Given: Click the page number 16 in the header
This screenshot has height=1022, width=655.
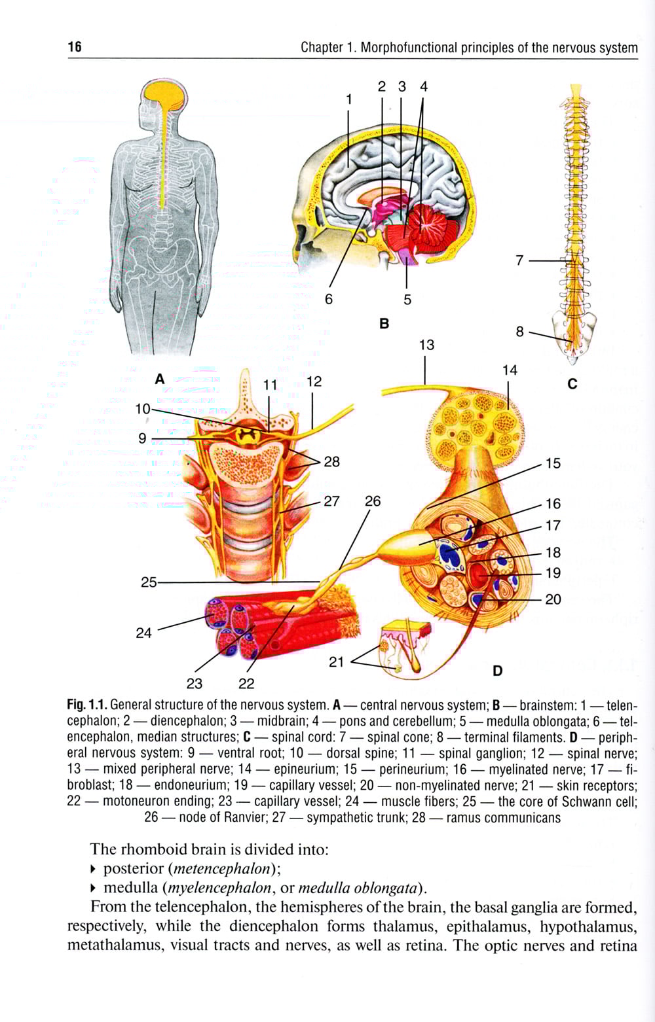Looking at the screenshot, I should [75, 47].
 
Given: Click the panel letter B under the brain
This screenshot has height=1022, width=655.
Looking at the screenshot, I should [384, 323].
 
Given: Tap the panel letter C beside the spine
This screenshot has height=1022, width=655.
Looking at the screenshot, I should [572, 383].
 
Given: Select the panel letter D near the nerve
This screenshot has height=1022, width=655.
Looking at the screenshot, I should [497, 671].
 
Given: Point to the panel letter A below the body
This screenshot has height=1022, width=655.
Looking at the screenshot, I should [159, 378].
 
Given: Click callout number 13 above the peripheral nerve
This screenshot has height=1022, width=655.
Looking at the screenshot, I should [426, 345].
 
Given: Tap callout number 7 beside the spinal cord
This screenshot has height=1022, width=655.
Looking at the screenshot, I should [519, 260].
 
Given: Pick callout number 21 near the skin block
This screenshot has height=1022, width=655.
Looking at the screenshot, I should [337, 661].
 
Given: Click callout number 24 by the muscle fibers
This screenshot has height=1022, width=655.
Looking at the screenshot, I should [143, 632].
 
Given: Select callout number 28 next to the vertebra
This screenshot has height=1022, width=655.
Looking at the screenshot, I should [332, 461].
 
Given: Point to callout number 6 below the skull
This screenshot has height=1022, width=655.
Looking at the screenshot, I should [329, 299].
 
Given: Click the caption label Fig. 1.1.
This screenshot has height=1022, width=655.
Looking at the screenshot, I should [86, 705].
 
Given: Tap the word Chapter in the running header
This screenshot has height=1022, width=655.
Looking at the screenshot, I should [321, 47].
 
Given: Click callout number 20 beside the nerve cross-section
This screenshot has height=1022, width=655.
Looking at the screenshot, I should [553, 599].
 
